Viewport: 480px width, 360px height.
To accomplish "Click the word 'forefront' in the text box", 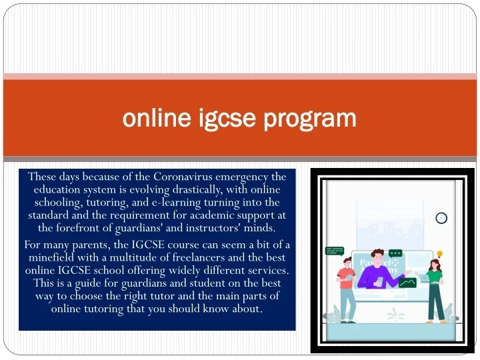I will coord(87,227).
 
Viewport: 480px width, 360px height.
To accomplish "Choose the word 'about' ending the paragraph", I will coord(247,309).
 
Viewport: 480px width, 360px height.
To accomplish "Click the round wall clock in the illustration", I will coord(441,218).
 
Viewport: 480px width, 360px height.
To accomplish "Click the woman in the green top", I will coord(434,287).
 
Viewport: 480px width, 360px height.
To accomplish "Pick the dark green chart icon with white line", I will coord(407,282).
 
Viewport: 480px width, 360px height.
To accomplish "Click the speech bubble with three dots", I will coord(395,253).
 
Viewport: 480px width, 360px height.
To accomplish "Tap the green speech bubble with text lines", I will coord(334,251).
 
